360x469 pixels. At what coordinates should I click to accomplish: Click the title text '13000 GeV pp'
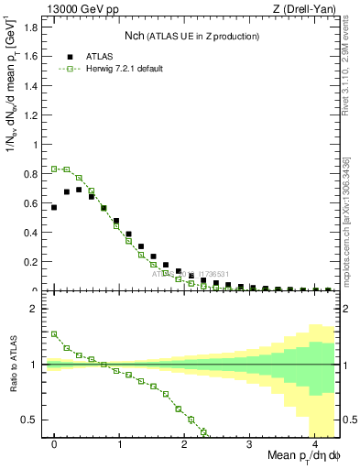pyautogui.click(x=76, y=10)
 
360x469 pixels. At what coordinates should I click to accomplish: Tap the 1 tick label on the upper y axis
pyautogui.click(x=37, y=145)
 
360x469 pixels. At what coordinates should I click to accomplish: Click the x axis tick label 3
pyautogui.click(x=249, y=443)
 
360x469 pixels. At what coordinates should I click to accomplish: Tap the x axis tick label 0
pyautogui.click(x=54, y=443)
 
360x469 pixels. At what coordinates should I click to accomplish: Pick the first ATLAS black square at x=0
pyautogui.click(x=54, y=207)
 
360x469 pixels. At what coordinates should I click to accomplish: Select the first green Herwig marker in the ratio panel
pyautogui.click(x=54, y=334)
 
